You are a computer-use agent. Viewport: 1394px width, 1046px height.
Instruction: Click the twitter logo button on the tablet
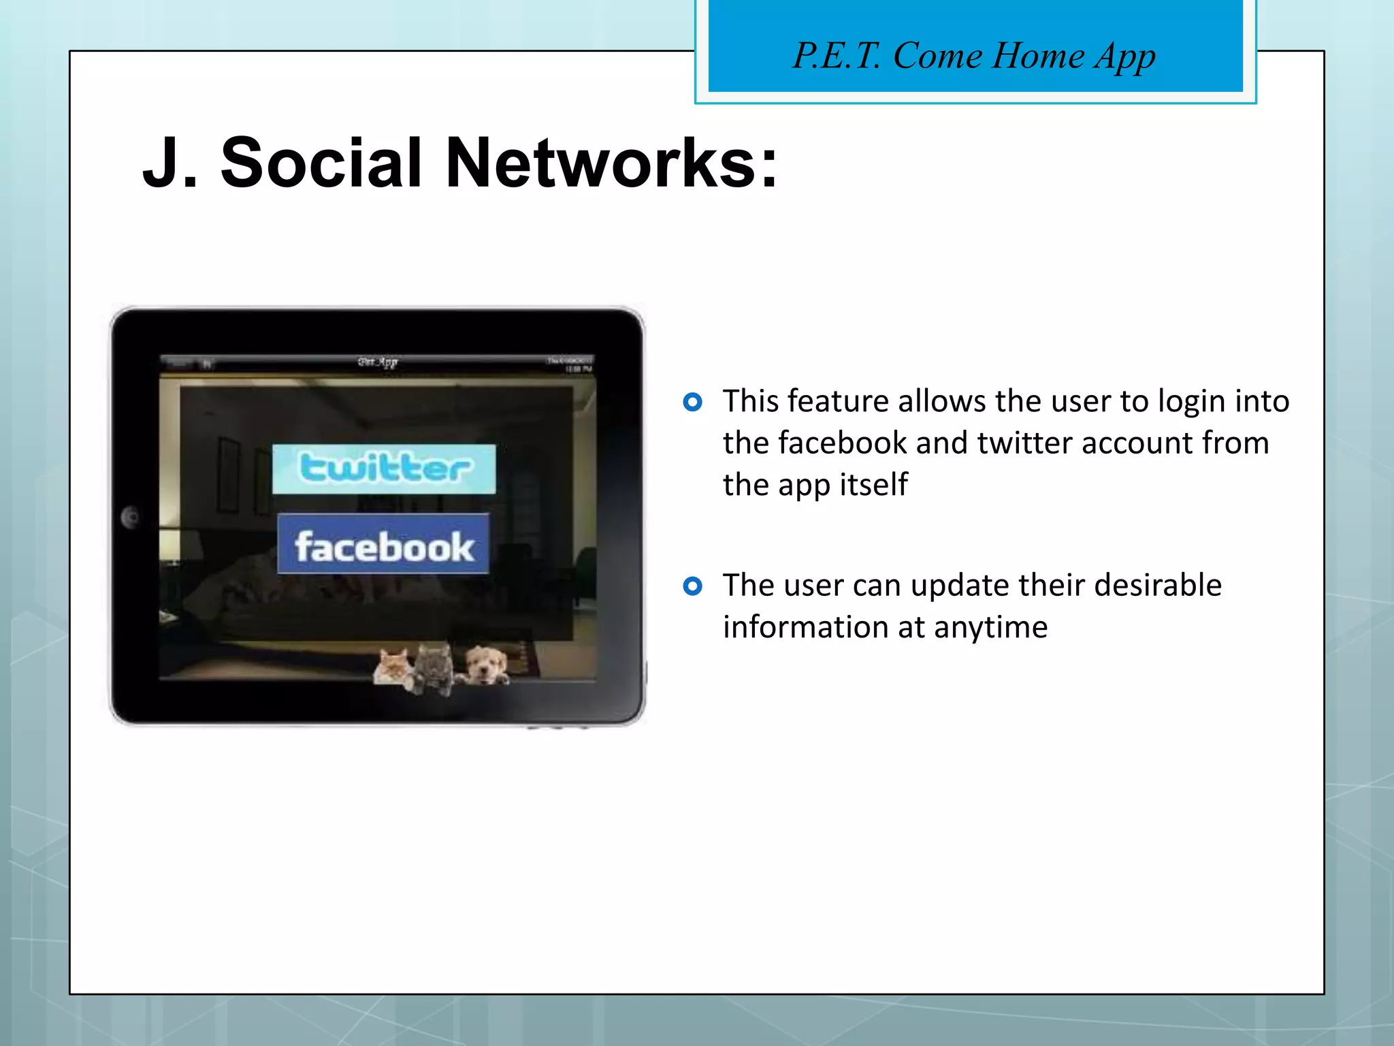[384, 469]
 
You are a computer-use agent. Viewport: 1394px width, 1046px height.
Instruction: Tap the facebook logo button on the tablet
[383, 544]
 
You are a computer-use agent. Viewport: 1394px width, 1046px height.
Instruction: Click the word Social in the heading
[321, 163]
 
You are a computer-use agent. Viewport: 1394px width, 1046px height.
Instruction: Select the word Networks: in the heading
[611, 163]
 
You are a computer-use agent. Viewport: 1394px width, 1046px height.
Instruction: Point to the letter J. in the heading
[169, 163]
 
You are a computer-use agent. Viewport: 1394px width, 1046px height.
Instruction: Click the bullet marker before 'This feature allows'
[692, 402]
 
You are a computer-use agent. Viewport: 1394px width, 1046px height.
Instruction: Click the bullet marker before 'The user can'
[692, 586]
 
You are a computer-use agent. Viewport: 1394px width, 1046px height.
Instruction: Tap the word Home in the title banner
[1037, 56]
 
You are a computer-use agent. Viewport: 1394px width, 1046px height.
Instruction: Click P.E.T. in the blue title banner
[837, 56]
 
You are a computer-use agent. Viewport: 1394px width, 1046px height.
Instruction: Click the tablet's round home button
[130, 518]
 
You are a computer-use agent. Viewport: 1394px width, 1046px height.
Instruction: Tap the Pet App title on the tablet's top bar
[378, 362]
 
